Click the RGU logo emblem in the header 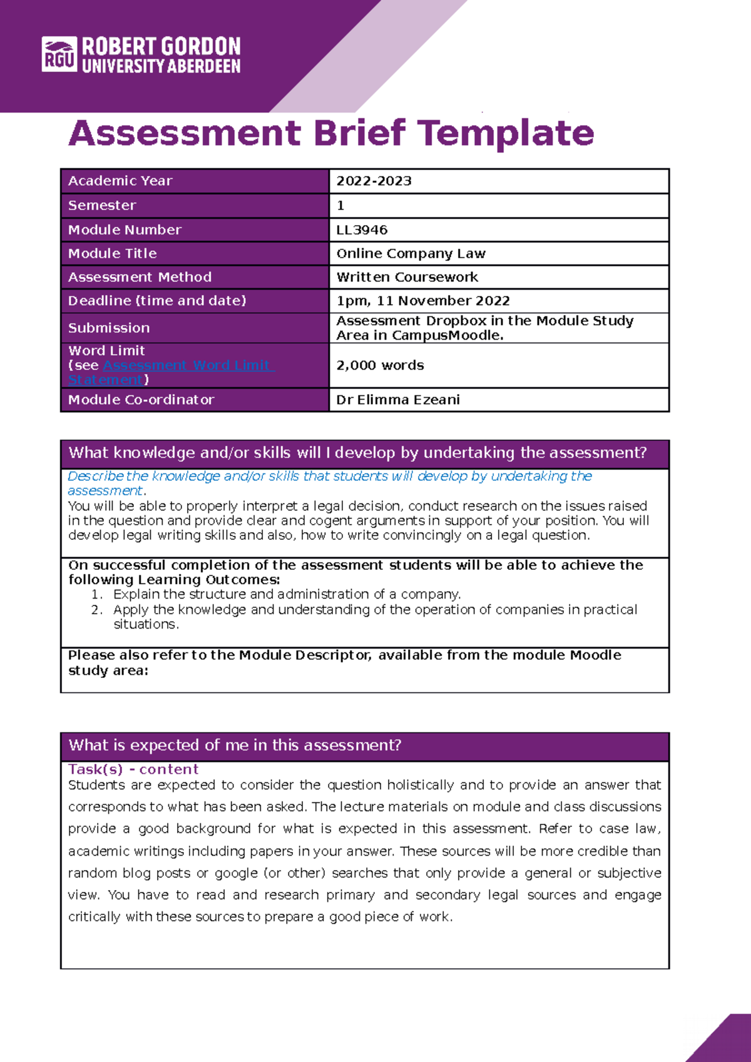[x=59, y=54]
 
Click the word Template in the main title [x=505, y=133]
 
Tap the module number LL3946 [x=362, y=230]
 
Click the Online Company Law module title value [x=411, y=254]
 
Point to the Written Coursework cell [x=407, y=277]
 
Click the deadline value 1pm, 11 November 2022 [x=423, y=301]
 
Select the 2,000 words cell [x=380, y=365]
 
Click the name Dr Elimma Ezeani [x=398, y=400]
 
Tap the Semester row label [x=102, y=206]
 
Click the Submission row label [x=109, y=328]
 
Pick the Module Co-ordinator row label [x=141, y=400]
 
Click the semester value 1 [x=340, y=206]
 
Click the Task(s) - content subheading [x=133, y=769]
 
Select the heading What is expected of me [x=235, y=746]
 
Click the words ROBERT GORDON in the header [x=161, y=47]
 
